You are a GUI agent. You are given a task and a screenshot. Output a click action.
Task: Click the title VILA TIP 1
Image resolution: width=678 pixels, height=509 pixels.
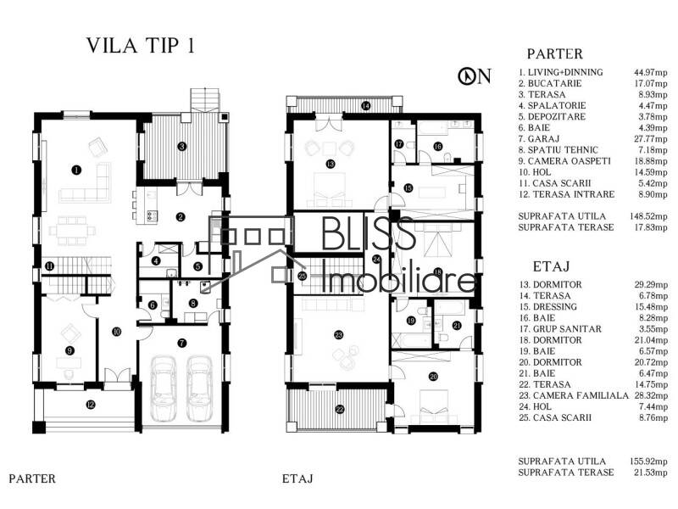(x=140, y=47)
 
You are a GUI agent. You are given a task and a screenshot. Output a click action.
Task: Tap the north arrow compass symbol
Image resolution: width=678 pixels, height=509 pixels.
(x=474, y=76)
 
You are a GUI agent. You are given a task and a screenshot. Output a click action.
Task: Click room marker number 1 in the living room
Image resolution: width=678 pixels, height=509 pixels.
(x=76, y=170)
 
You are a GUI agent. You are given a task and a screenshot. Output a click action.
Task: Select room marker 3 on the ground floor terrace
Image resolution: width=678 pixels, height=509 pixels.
(x=181, y=146)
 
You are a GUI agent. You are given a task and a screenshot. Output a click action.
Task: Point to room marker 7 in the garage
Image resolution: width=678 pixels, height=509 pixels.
(x=181, y=343)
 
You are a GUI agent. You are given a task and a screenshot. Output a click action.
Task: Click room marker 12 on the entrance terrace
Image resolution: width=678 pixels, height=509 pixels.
(x=91, y=405)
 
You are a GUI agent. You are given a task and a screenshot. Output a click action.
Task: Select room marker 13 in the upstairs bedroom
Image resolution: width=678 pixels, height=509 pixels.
(x=331, y=163)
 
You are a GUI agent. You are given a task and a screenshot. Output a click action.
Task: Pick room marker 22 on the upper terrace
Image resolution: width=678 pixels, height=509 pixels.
(x=340, y=409)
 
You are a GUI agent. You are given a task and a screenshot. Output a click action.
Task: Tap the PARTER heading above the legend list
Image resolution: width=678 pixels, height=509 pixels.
(x=554, y=53)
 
